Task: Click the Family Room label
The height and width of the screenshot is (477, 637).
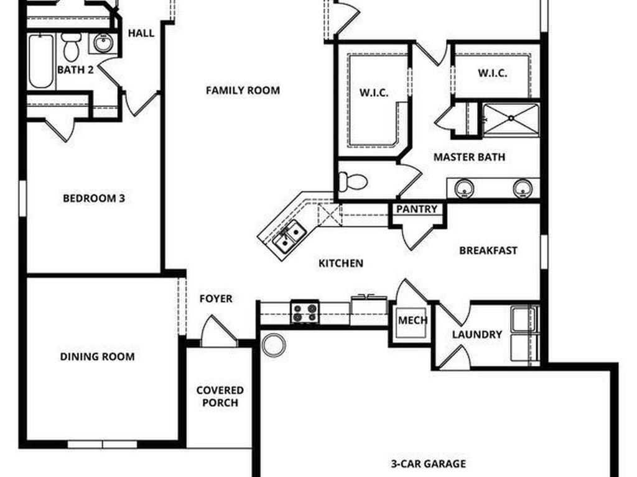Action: point(243,91)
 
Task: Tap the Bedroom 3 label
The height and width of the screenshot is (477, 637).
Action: point(94,199)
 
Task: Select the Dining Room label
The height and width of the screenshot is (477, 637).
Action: point(97,357)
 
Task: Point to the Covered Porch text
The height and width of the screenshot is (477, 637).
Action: point(220,396)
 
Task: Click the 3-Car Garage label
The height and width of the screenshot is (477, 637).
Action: point(428,464)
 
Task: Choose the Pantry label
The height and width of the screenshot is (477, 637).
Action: point(417,209)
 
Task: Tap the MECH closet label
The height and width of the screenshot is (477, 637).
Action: point(412,320)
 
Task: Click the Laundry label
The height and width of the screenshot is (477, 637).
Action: point(477,335)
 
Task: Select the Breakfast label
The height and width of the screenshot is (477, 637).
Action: point(488,251)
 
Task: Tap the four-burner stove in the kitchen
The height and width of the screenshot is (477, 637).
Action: point(305,312)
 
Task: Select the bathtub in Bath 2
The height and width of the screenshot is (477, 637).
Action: point(42,61)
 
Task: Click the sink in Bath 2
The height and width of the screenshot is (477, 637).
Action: point(101,43)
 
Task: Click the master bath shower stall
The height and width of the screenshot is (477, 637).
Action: point(511,119)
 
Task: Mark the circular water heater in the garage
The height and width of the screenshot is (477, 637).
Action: point(273,345)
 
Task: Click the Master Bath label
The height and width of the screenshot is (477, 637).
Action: point(469,158)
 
